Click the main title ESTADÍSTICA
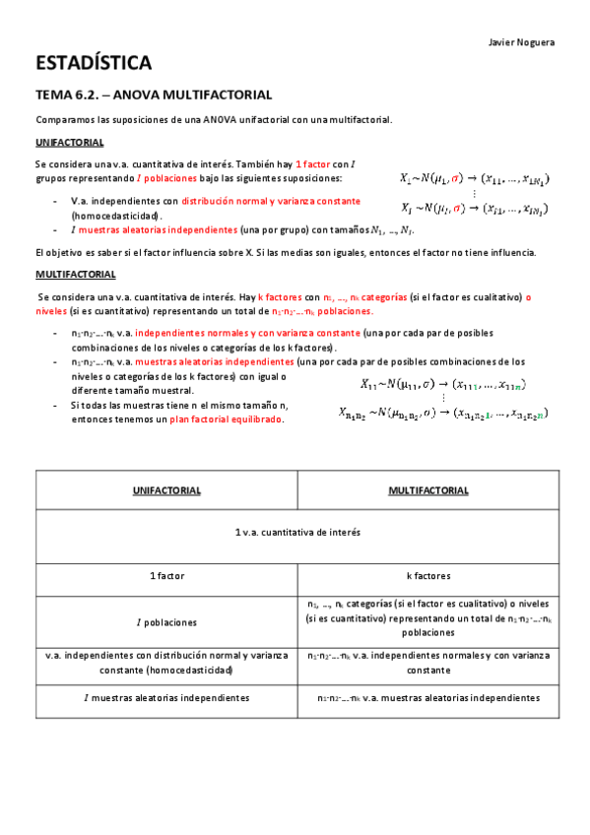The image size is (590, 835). pos(94,64)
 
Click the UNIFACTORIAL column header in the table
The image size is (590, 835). pos(166,489)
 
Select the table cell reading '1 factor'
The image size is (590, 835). pos(166,574)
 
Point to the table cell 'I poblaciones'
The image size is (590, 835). pos(166,622)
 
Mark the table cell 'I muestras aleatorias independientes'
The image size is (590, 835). pos(166,697)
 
